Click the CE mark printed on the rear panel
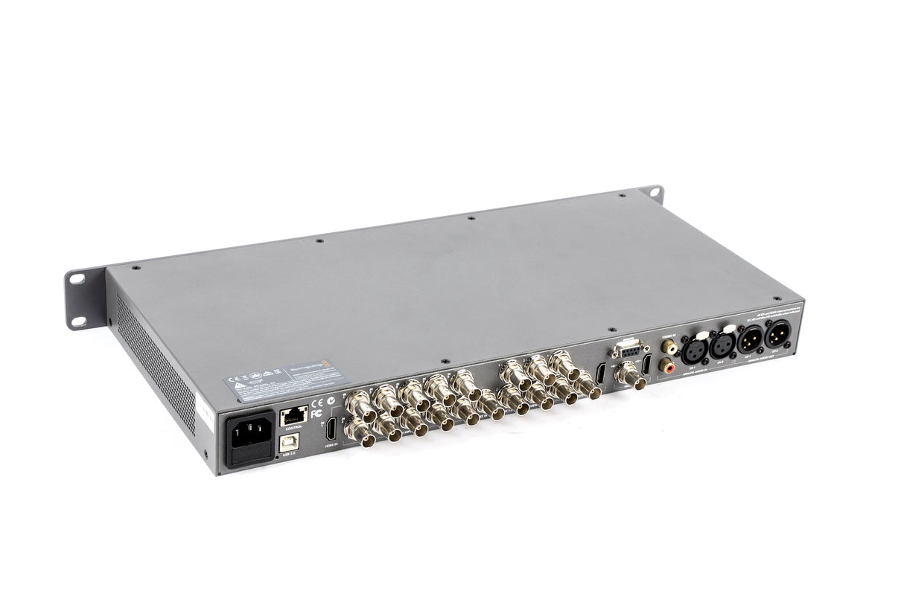[x=316, y=398]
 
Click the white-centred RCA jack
[x=672, y=346]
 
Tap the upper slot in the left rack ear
[x=77, y=278]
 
